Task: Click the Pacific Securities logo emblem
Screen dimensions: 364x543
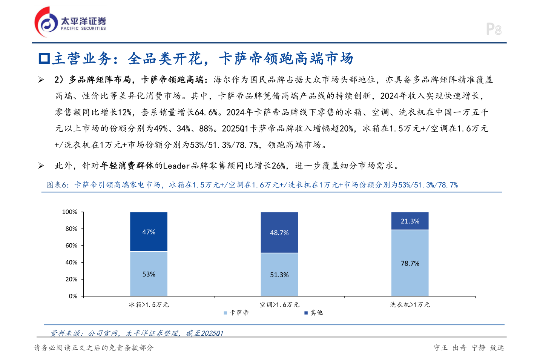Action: (46, 22)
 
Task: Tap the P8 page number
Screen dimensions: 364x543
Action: (494, 29)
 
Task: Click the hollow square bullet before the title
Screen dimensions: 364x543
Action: (44, 58)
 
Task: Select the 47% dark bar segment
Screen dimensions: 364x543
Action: (149, 232)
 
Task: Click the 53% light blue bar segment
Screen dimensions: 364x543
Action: (149, 274)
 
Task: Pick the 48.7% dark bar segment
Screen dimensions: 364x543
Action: (279, 233)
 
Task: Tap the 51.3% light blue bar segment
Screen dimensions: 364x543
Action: (279, 275)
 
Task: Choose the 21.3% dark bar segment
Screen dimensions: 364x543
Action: (410, 221)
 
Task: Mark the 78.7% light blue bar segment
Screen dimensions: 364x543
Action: (410, 263)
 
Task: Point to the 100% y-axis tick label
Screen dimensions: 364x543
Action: (70, 212)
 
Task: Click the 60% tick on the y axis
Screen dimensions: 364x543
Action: (71, 246)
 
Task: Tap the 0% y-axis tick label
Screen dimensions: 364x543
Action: (73, 296)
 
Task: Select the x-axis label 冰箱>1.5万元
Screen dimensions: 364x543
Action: (149, 305)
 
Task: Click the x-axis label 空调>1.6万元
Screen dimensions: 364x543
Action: (279, 305)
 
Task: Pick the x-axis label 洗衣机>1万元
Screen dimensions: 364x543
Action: (410, 305)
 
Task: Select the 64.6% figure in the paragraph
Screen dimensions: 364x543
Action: (206, 112)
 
